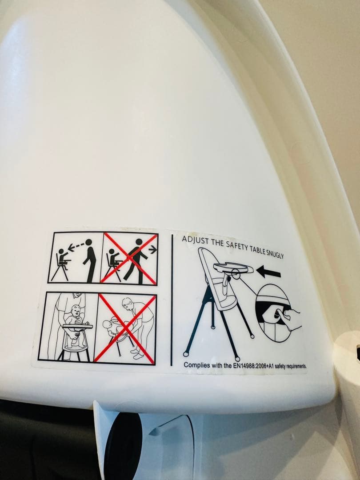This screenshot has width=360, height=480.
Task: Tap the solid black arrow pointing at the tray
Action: [268, 271]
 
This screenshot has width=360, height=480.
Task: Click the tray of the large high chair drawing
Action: [233, 268]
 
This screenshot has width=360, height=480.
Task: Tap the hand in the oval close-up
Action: [288, 318]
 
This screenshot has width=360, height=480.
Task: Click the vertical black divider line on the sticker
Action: [172, 300]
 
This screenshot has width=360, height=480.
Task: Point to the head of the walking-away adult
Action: [139, 242]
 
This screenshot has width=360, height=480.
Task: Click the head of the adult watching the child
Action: [88, 242]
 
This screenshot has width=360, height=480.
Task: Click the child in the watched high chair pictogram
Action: [63, 259]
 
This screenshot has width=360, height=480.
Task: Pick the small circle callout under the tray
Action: [235, 273]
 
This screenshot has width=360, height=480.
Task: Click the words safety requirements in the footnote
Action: [291, 366]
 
